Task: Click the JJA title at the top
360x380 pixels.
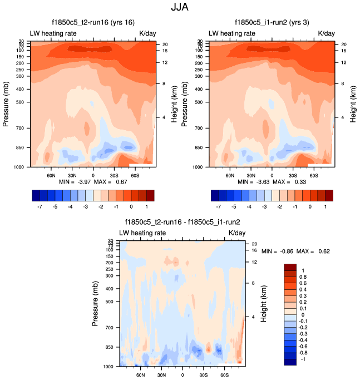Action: point(180,8)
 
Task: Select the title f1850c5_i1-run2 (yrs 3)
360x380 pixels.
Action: point(272,23)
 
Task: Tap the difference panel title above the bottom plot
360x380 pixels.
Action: point(182,223)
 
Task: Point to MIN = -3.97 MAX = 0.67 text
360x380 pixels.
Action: point(93,182)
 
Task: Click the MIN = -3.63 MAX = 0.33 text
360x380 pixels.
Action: point(272,182)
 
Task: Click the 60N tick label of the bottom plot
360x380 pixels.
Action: point(141,374)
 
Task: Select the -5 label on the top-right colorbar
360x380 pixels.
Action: point(235,205)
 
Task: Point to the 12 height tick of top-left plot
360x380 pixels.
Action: point(165,62)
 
